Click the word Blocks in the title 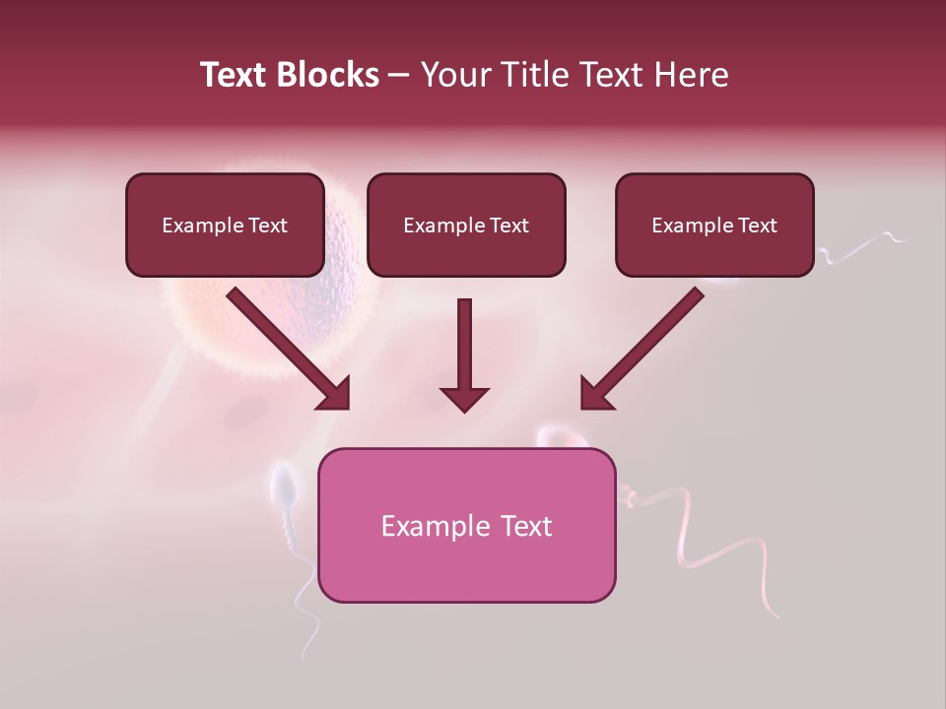329,75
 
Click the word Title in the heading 534,75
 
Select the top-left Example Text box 225,225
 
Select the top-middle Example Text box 466,225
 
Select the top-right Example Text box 714,225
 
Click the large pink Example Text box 466,525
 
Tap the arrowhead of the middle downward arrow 464,399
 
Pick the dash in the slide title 399,76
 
